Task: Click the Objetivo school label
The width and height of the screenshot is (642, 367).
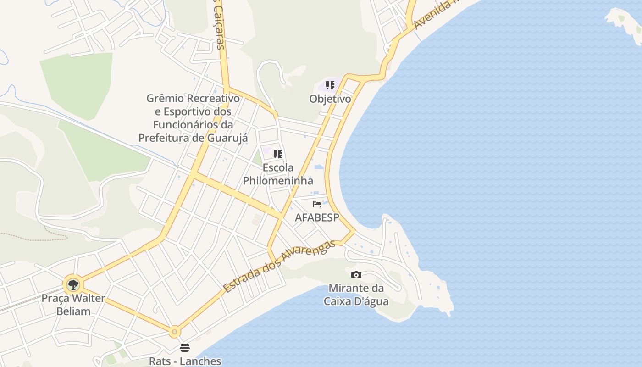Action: tap(330, 99)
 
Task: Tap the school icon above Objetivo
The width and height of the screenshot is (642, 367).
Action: tap(330, 85)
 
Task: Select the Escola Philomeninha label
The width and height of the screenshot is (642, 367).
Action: tap(278, 174)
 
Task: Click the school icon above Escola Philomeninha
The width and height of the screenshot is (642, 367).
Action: tap(277, 154)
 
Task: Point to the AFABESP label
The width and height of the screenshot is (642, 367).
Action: tap(317, 217)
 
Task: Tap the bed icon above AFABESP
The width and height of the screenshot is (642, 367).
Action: tap(316, 204)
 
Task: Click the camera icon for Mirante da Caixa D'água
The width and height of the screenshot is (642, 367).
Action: tap(356, 275)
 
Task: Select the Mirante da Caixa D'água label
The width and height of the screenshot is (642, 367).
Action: tap(356, 295)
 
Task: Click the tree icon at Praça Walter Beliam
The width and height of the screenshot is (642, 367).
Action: tap(73, 285)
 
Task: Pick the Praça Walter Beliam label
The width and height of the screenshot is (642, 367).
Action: tap(73, 305)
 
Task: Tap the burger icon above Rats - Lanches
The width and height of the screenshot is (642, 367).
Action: tap(185, 347)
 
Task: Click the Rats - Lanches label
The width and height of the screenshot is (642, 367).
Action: tap(185, 361)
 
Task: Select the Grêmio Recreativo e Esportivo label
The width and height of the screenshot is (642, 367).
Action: tap(193, 118)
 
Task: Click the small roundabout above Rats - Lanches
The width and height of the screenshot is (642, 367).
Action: tap(174, 332)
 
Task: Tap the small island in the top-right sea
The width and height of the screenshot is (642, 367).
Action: tap(625, 21)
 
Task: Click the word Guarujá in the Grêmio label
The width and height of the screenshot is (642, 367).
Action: tap(227, 138)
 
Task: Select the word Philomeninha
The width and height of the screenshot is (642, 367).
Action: tap(278, 180)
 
